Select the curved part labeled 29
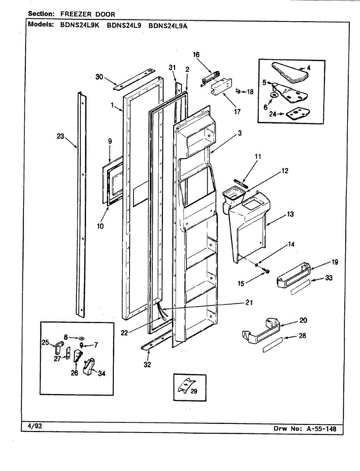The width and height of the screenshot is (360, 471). pos(187,387)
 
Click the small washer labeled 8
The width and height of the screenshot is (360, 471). pos(81,338)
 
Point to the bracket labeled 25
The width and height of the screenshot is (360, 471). pos(59,346)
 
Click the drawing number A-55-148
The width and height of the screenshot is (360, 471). pos(321,429)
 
